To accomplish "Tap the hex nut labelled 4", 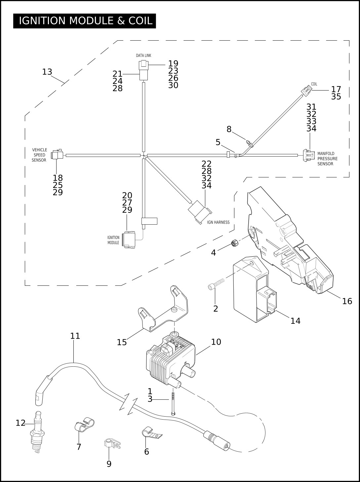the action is coord(234,243).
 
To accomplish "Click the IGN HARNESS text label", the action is coord(218,222).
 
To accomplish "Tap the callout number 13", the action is coord(47,72).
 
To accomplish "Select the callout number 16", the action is coord(347,301).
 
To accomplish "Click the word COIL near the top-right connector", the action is coord(314,84).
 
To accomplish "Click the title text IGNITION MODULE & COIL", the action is coord(86,20).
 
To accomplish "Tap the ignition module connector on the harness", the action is coord(130,240).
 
